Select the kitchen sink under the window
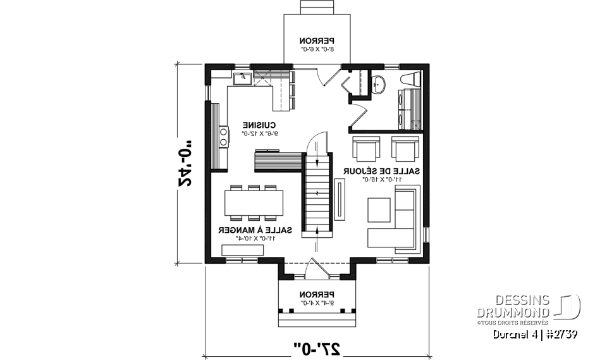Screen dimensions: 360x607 click(242, 78)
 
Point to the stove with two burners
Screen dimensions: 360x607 click(223, 137)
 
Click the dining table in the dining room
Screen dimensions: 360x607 click(253, 203)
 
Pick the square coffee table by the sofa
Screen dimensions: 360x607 click(379, 210)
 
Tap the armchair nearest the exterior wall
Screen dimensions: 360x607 click(405, 149)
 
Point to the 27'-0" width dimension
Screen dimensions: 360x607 click(317, 347)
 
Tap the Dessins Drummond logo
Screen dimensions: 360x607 click(530, 306)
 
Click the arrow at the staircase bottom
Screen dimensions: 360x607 click(316, 232)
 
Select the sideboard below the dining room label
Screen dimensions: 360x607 click(242, 251)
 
